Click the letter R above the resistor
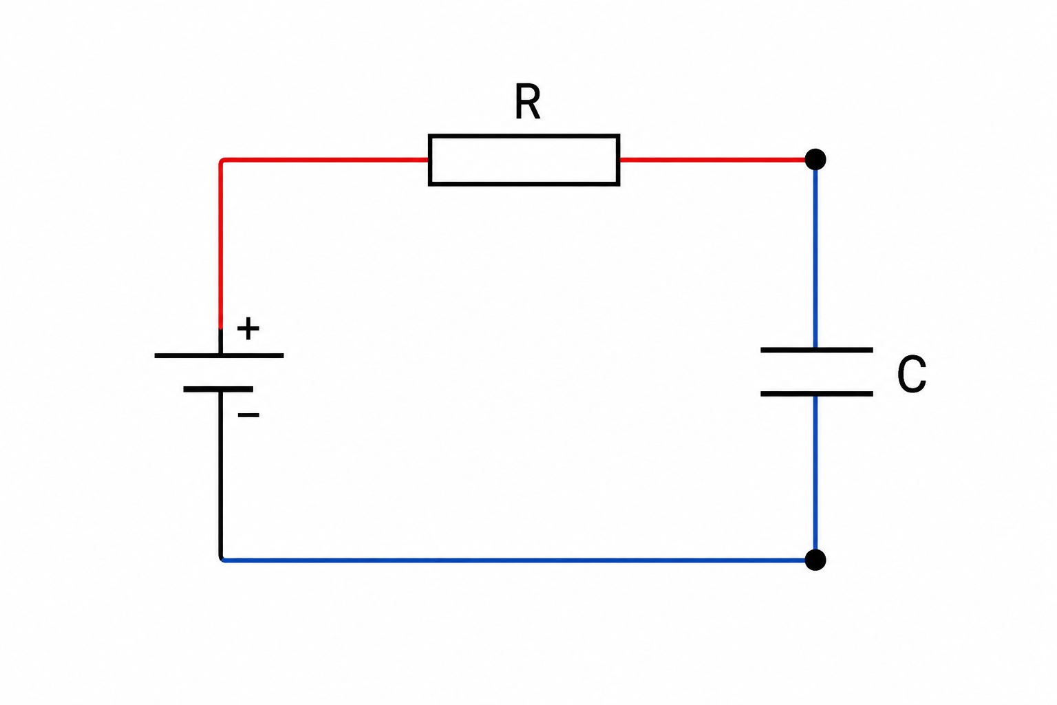pyautogui.click(x=527, y=101)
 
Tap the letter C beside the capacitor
pyautogui.click(x=911, y=374)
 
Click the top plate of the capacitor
pyautogui.click(x=816, y=350)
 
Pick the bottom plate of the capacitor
pyautogui.click(x=816, y=393)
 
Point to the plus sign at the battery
pyautogui.click(x=248, y=328)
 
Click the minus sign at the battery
pyautogui.click(x=248, y=415)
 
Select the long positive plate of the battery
pyautogui.click(x=219, y=355)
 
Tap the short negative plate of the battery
pyautogui.click(x=218, y=389)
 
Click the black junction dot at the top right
pyautogui.click(x=815, y=159)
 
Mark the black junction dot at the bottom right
pyautogui.click(x=815, y=560)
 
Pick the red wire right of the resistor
pyautogui.click(x=712, y=160)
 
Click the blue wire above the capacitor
pyautogui.click(x=815, y=259)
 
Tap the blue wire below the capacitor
pyautogui.click(x=815, y=473)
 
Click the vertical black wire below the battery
pyautogui.click(x=220, y=474)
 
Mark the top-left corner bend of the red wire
pyautogui.click(x=221, y=160)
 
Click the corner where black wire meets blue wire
pyautogui.click(x=221, y=560)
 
